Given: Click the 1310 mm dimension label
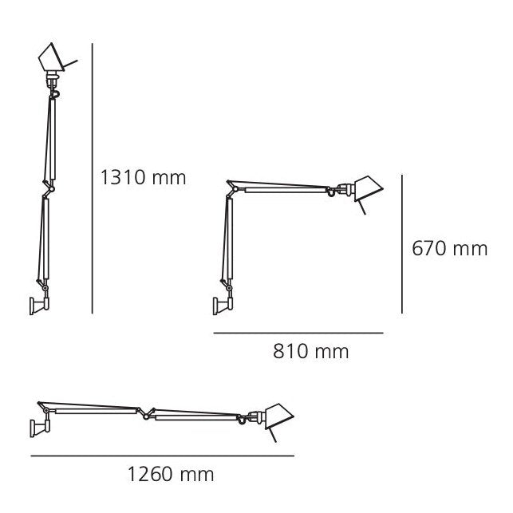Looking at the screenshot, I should (143, 176).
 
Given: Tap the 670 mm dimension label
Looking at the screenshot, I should (449, 249).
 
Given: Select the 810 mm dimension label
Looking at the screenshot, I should (311, 351).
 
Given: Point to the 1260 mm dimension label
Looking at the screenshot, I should (171, 475).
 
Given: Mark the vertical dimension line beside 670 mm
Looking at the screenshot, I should (401, 244).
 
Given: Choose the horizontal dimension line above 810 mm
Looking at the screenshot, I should (298, 332).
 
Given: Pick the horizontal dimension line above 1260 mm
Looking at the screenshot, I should (162, 456).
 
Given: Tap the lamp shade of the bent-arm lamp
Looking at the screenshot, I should (366, 187).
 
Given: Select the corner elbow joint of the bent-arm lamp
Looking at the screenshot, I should (232, 187).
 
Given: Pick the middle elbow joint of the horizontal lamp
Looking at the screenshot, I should (144, 412).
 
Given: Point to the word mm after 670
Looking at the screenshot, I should (471, 249).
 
